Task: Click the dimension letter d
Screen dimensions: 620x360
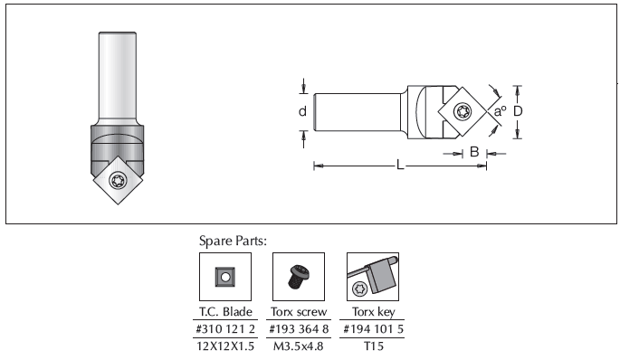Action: point(302,111)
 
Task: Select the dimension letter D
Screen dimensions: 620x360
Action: point(518,111)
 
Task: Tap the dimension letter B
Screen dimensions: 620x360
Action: point(474,152)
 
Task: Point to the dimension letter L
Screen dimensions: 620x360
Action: point(400,166)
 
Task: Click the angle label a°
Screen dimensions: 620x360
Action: point(501,111)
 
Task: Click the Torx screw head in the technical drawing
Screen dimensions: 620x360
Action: point(463,111)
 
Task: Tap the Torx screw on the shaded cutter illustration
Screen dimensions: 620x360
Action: point(119,181)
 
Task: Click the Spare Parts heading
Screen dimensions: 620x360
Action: point(233,241)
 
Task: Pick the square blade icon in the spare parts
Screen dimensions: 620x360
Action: point(225,277)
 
